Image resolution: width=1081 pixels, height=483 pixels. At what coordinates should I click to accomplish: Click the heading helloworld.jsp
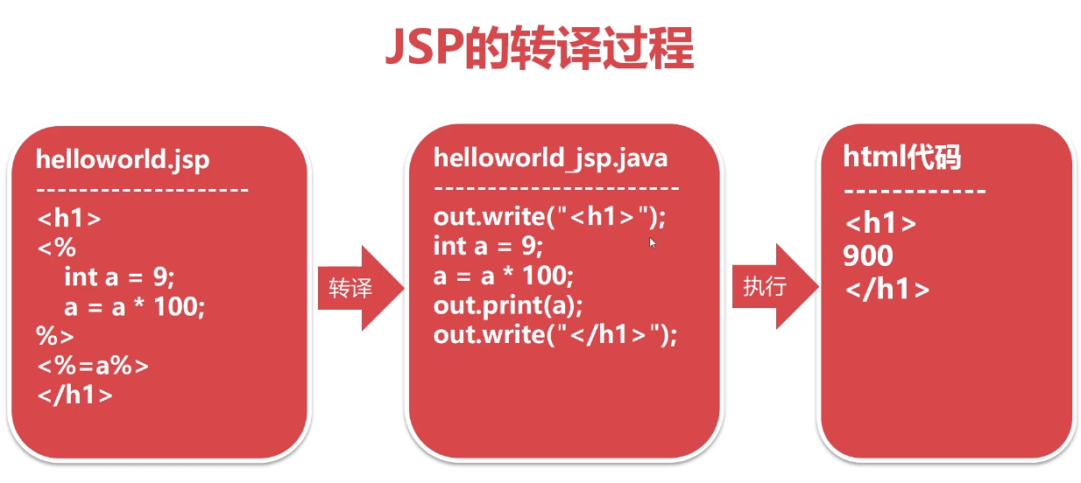pyautogui.click(x=123, y=160)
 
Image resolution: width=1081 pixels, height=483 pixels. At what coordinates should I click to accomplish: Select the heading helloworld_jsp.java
pyautogui.click(x=550, y=157)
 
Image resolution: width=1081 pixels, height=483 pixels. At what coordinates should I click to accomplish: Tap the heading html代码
pyautogui.click(x=902, y=157)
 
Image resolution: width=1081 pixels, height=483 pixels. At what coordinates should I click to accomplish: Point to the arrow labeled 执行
pyautogui.click(x=771, y=287)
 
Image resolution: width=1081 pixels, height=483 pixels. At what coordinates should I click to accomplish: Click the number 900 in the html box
pyautogui.click(x=868, y=255)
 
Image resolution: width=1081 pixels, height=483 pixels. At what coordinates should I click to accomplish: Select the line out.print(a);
pyautogui.click(x=508, y=305)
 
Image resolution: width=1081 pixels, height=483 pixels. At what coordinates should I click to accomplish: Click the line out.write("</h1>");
pyautogui.click(x=555, y=335)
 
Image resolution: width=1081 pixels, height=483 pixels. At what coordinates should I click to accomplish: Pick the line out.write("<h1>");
pyautogui.click(x=555, y=216)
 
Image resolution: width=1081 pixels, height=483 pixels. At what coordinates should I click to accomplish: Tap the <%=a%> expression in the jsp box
pyautogui.click(x=93, y=366)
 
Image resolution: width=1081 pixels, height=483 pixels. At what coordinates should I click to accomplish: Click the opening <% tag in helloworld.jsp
pyautogui.click(x=56, y=248)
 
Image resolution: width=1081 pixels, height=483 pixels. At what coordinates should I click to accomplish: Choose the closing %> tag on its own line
pyautogui.click(x=55, y=336)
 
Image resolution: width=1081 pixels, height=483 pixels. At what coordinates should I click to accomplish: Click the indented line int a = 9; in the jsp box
pyautogui.click(x=119, y=277)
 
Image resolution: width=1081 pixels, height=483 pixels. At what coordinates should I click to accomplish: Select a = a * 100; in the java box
pyautogui.click(x=503, y=276)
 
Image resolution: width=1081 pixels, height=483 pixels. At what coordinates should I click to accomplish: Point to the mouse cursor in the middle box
pyautogui.click(x=653, y=242)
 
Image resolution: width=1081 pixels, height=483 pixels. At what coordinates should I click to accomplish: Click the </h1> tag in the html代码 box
pyautogui.click(x=887, y=290)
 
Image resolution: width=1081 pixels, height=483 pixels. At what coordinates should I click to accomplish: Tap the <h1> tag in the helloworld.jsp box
pyautogui.click(x=69, y=219)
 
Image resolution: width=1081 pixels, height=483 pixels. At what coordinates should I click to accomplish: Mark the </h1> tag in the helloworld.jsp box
pyautogui.click(x=75, y=395)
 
